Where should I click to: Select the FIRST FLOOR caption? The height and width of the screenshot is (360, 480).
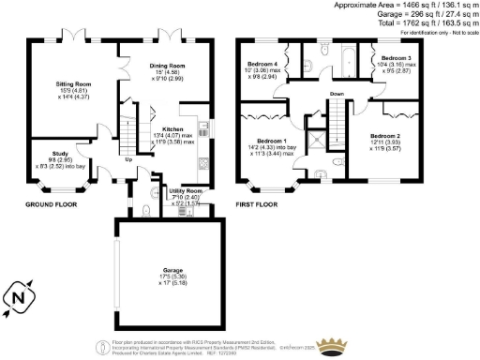[x=258, y=203]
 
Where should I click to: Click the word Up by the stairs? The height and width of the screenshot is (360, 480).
[x=128, y=158]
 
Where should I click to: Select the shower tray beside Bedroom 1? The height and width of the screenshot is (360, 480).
[x=322, y=139]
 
